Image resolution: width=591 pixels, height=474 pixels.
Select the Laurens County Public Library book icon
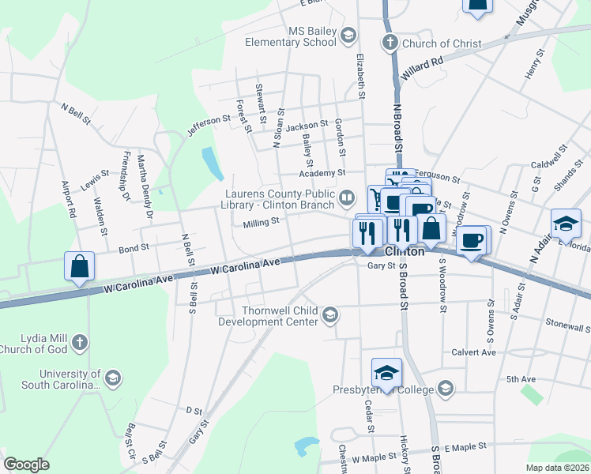(347, 196)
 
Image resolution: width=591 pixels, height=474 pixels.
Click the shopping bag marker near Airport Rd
(80, 266)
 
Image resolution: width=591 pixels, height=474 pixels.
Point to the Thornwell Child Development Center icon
(329, 316)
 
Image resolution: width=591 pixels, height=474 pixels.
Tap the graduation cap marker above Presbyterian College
(386, 372)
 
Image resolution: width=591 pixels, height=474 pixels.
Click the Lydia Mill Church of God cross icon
(78, 343)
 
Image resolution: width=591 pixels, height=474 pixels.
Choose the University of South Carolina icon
(113, 379)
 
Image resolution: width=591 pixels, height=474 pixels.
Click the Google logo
(26, 464)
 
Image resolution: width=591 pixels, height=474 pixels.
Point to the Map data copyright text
(557, 468)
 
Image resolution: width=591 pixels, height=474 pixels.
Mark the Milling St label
(262, 223)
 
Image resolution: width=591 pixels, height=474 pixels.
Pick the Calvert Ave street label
(473, 352)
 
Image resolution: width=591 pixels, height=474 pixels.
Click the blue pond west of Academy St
(211, 163)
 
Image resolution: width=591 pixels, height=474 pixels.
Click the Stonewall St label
(567, 325)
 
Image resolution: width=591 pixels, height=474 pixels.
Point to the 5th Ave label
(521, 379)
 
